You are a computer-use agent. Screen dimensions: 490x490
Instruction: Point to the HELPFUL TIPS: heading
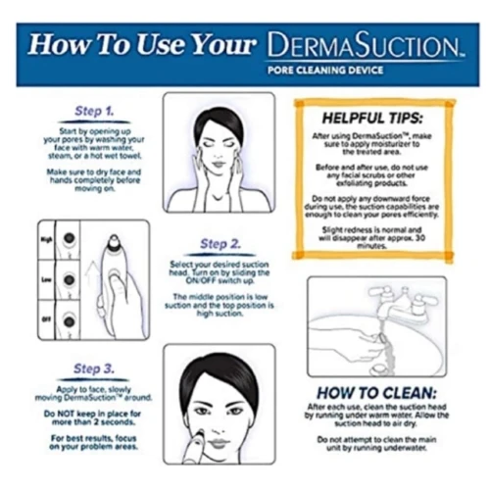click(x=371, y=116)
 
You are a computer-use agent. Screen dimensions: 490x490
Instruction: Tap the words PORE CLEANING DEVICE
click(x=335, y=73)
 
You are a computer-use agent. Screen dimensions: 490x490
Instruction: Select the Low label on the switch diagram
click(x=45, y=278)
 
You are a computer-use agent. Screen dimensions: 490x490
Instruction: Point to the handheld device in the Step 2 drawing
click(x=116, y=274)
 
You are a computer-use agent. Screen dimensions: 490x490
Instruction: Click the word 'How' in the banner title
click(x=61, y=45)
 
